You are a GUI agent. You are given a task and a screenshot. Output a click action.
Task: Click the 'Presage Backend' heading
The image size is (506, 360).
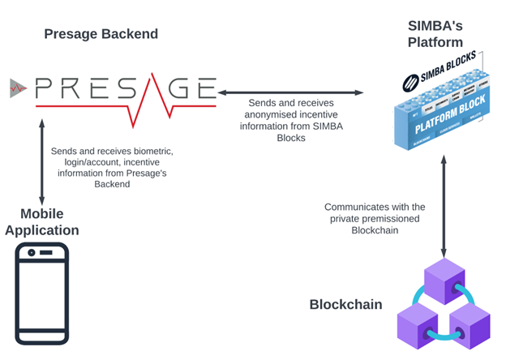(x=101, y=34)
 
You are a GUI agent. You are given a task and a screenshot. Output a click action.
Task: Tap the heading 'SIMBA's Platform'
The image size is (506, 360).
(x=435, y=33)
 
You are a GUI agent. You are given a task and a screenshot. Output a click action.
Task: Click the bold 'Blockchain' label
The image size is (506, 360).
(x=345, y=305)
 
